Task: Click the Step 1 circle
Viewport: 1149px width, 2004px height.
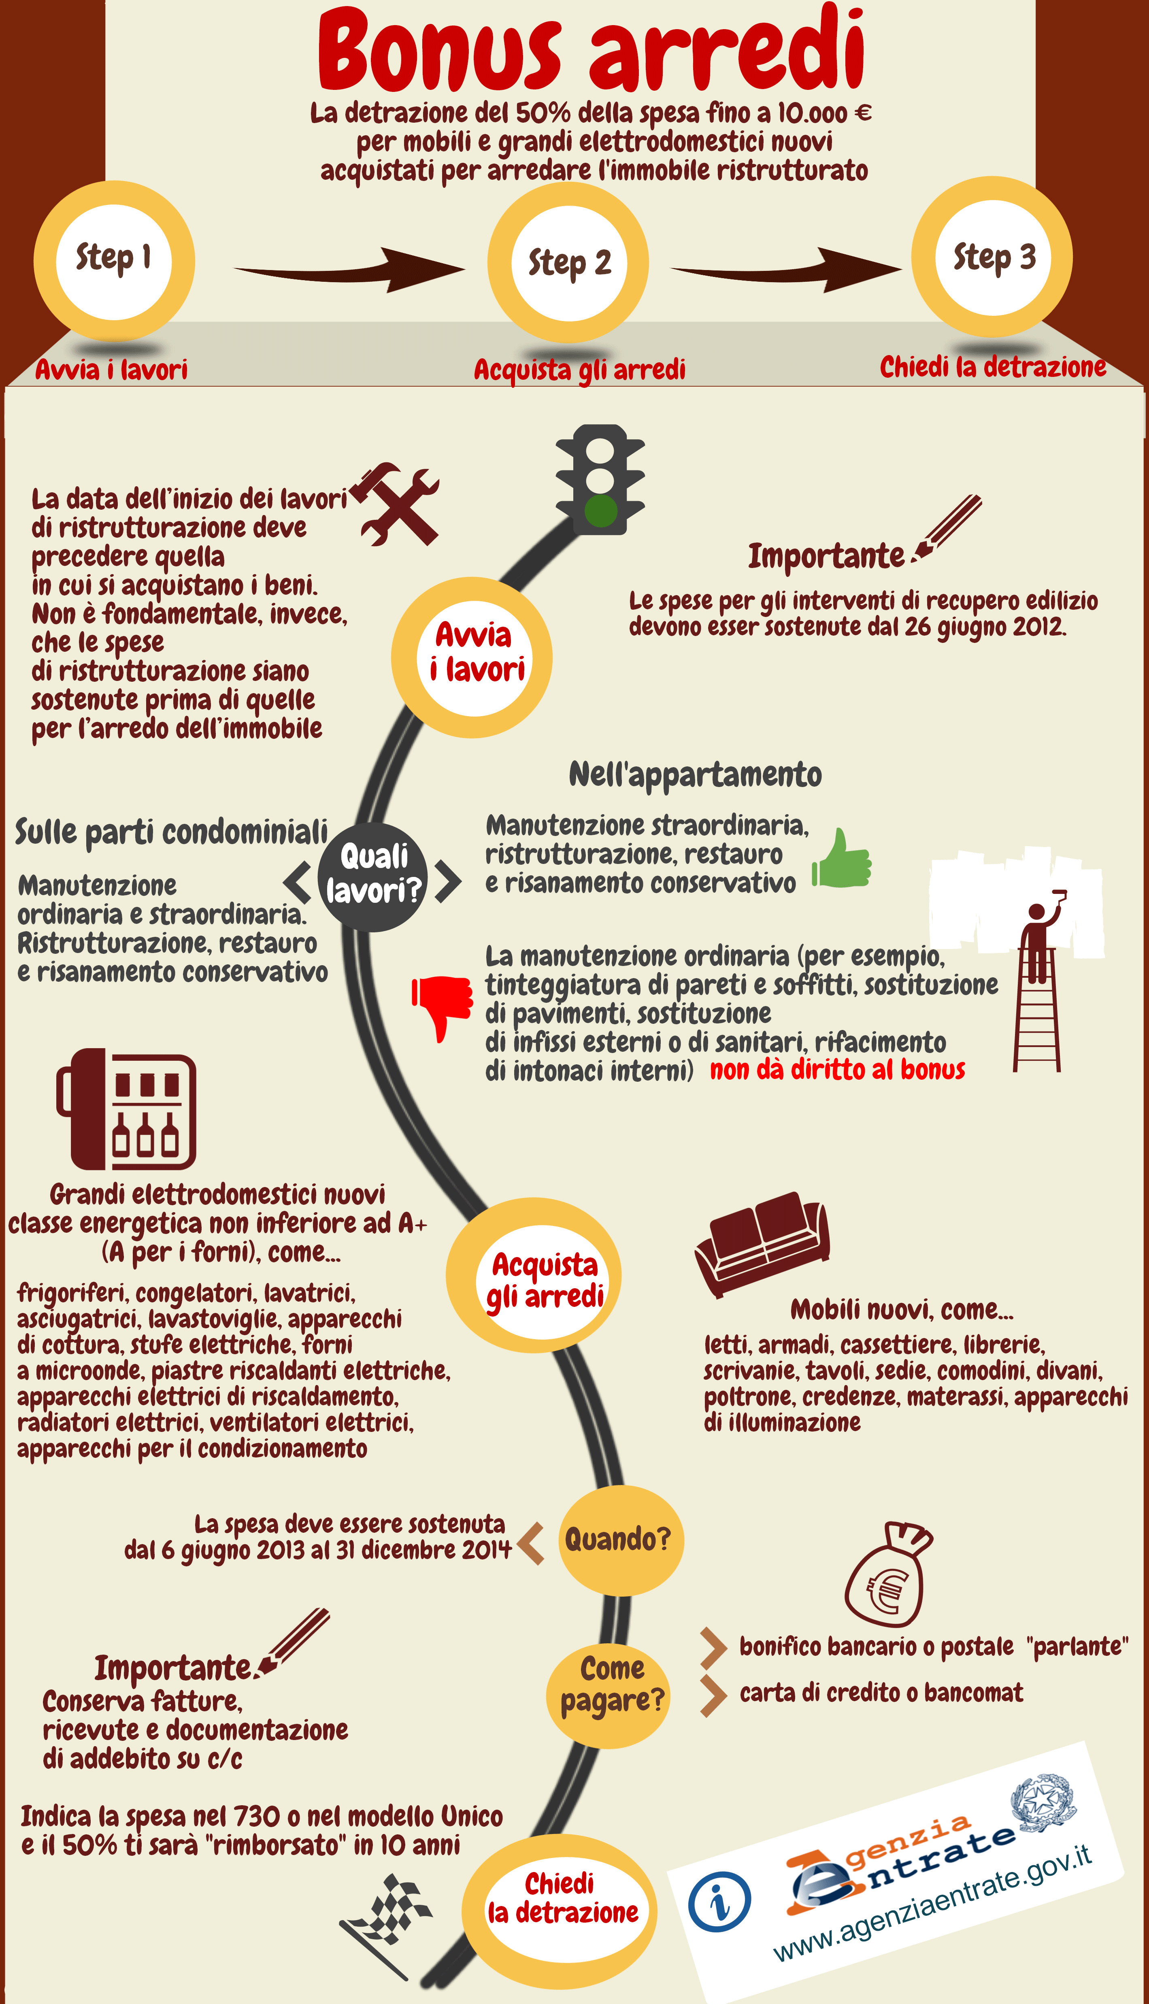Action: click(x=115, y=260)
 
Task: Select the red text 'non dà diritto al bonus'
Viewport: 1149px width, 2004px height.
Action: click(x=837, y=1070)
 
